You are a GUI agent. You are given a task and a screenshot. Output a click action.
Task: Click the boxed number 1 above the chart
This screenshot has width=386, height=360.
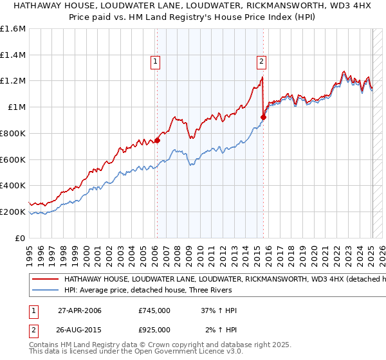point(156,62)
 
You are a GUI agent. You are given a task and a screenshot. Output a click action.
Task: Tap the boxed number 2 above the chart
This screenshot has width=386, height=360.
point(262,62)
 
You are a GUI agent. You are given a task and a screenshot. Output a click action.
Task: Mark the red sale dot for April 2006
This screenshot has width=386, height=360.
point(157,141)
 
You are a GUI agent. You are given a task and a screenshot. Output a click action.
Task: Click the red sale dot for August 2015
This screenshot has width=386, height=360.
point(263,117)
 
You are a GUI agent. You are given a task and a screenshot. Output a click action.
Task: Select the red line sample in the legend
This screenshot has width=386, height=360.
point(45,280)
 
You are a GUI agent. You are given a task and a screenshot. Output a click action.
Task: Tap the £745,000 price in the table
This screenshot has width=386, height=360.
point(154,310)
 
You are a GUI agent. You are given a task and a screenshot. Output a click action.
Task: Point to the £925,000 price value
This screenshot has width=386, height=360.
point(154,329)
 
